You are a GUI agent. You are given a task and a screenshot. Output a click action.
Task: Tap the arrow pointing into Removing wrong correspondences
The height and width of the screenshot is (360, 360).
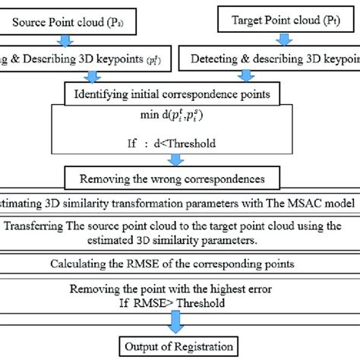pyautogui.click(x=176, y=160)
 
